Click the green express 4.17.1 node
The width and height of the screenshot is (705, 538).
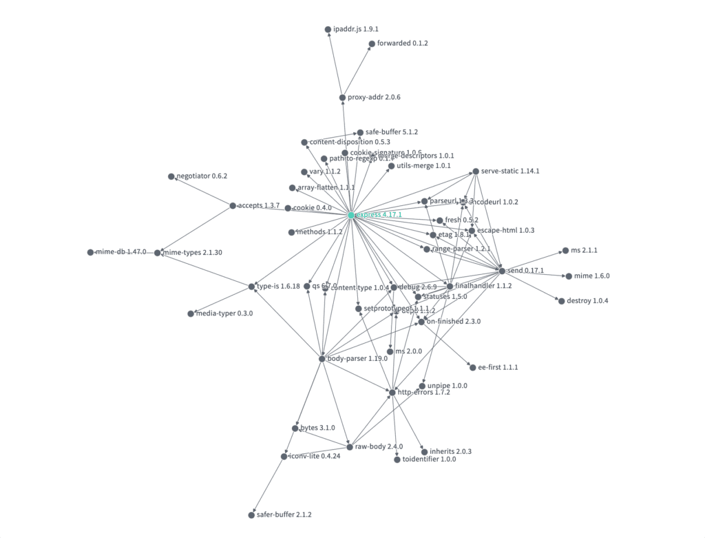(x=351, y=216)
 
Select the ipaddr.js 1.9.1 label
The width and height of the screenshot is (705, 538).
(x=356, y=30)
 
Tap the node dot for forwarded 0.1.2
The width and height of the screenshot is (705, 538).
(x=371, y=44)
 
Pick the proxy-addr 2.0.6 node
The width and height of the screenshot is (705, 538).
(x=342, y=98)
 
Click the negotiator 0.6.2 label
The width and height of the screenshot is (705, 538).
(x=202, y=176)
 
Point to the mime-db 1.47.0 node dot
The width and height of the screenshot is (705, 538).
(x=90, y=253)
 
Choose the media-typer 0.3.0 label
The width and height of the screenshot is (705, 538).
(x=225, y=313)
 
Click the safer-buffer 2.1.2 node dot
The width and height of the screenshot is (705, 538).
(x=251, y=515)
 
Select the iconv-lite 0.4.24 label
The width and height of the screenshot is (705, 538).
(x=315, y=456)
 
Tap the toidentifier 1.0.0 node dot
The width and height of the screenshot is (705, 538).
(x=397, y=459)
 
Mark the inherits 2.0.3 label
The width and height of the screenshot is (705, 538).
(x=450, y=452)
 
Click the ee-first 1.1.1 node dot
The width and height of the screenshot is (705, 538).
(x=472, y=368)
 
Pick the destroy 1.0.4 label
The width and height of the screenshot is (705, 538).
(x=587, y=301)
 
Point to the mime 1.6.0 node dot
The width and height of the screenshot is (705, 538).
(x=568, y=276)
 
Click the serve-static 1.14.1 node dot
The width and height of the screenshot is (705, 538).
(x=475, y=172)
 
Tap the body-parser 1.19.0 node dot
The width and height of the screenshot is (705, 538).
(x=322, y=359)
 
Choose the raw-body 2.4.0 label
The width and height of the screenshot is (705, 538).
(x=379, y=446)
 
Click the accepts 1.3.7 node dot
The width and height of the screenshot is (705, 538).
(x=233, y=206)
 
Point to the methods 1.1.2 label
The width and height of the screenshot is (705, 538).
(x=319, y=232)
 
